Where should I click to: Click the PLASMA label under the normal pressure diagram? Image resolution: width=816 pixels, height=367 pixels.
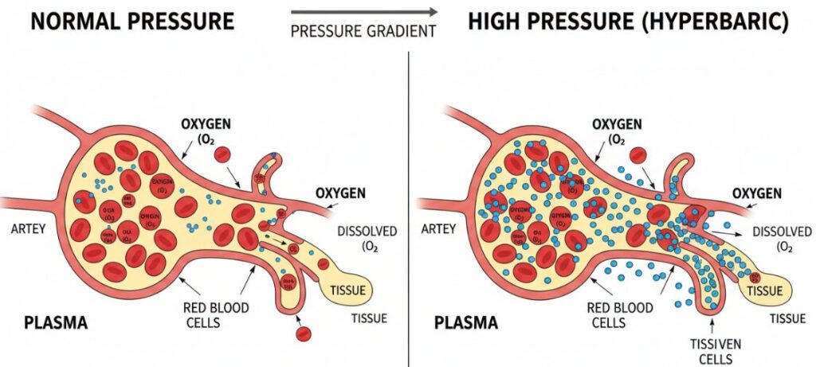coord(54,323)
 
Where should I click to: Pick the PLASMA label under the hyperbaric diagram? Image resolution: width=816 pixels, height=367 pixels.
coord(466,323)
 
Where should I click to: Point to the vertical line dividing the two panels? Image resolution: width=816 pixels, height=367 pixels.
coord(408,207)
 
